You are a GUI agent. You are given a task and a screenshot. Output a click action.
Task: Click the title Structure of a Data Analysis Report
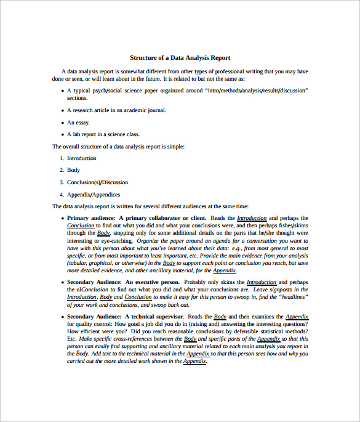pos(180,58)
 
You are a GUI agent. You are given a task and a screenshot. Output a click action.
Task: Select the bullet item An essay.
pos(79,122)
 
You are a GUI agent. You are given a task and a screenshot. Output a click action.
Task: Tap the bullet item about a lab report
pos(103,134)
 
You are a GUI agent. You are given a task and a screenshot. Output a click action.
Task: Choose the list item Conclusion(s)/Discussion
pos(97,182)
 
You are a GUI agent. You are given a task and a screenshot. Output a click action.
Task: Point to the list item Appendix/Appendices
pos(94,194)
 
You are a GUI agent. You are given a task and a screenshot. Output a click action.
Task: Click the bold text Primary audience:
pos(91,218)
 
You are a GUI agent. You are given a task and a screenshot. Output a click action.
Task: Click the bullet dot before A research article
pos(62,111)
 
